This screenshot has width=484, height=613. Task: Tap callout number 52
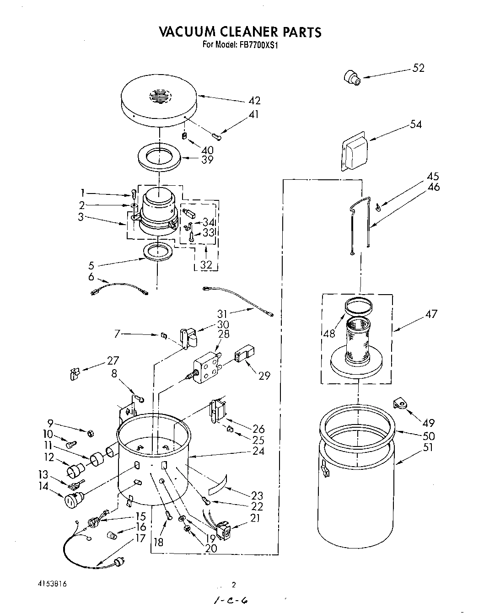click(418, 68)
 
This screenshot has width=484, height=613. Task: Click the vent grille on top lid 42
click(158, 97)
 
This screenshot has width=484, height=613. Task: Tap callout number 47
click(431, 314)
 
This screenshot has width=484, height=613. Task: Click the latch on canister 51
click(325, 469)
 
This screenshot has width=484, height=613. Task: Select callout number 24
click(258, 451)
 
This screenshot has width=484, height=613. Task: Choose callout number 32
click(206, 264)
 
